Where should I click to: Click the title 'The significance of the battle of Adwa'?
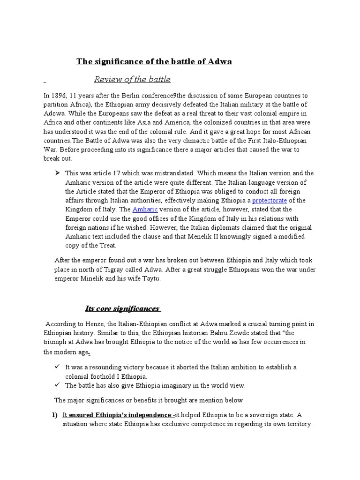[154, 61]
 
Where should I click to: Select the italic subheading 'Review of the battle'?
[132, 79]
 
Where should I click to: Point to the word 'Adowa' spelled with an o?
[55, 113]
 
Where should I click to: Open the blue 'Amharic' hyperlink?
[145, 209]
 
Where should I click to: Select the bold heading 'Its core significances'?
[123, 308]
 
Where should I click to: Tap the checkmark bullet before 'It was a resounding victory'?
[57, 367]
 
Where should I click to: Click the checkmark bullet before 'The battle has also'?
[57, 385]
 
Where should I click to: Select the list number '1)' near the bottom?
[54, 415]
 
